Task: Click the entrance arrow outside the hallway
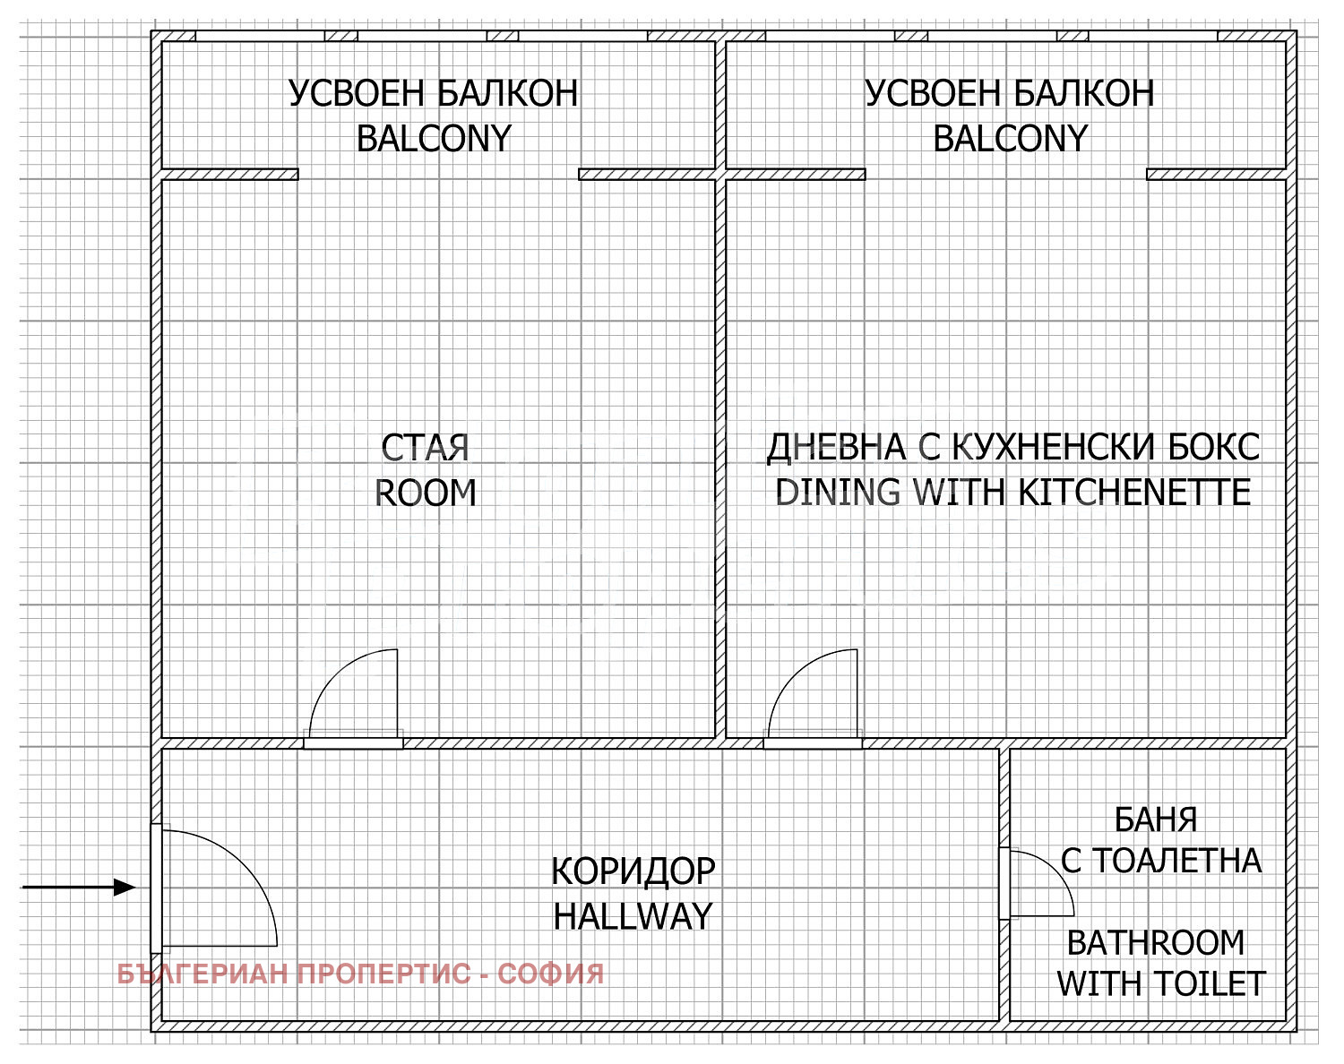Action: pos(79,888)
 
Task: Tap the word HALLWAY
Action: pos(633,916)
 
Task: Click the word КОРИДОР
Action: pos(633,871)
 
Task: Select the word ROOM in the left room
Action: pos(426,493)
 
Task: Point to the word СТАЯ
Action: pos(426,448)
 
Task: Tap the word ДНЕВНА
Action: pos(836,449)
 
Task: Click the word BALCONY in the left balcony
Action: pos(434,138)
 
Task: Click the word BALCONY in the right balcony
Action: pos(1010,138)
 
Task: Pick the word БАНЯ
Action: pos(1155,819)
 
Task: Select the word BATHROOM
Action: pos(1155,943)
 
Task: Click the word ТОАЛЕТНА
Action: pos(1176,861)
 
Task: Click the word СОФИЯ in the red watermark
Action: pos(550,974)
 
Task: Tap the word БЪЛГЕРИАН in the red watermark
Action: pos(203,974)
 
